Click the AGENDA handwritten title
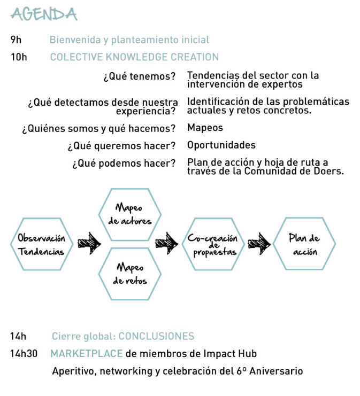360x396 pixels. (44, 14)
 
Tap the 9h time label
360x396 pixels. (16, 40)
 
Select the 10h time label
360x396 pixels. (18, 57)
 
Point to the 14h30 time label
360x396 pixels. (24, 354)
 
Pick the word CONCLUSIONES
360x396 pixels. (156, 337)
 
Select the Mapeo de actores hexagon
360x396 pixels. (129, 214)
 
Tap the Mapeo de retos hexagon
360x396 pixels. (129, 274)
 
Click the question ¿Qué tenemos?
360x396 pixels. (139, 76)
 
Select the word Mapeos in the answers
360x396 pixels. (205, 128)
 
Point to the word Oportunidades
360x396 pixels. (221, 145)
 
